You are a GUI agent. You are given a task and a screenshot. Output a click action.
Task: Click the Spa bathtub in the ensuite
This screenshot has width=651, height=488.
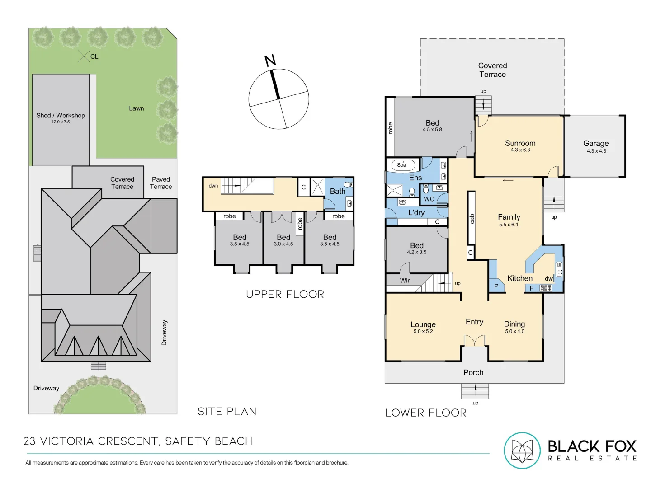(402, 165)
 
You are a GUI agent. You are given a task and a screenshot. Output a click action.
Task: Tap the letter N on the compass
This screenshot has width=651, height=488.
(270, 61)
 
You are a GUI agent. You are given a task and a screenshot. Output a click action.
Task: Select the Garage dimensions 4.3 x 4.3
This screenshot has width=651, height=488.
(596, 151)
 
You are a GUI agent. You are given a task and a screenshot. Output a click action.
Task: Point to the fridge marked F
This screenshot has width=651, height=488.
(532, 288)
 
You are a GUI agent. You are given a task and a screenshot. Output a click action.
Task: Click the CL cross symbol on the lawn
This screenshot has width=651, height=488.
(84, 56)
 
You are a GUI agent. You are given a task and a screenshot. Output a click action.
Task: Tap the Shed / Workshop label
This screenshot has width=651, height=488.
(61, 115)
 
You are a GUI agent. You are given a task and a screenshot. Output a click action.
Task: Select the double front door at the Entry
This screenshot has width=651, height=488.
(475, 340)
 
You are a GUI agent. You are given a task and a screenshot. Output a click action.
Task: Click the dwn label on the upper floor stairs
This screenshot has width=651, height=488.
(213, 186)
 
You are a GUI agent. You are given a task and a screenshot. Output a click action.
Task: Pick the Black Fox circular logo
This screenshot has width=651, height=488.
(522, 450)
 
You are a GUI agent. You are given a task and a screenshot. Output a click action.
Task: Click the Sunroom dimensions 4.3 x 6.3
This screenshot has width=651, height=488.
(520, 150)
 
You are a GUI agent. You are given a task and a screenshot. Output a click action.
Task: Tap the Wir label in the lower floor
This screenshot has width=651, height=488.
(405, 280)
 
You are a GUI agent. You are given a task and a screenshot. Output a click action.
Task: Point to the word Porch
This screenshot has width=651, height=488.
(473, 372)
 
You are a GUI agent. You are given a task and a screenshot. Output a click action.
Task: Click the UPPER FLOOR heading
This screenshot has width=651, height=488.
(285, 294)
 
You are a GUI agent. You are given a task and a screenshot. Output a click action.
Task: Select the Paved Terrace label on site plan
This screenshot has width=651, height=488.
(161, 183)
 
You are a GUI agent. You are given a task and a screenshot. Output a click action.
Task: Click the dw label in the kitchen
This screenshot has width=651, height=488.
(549, 278)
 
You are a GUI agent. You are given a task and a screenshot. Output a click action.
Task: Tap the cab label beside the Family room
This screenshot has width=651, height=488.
(472, 219)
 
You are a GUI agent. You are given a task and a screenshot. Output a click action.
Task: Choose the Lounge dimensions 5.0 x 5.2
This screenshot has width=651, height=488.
(423, 331)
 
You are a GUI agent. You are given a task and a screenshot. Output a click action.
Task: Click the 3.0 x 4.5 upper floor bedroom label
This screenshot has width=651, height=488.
(283, 244)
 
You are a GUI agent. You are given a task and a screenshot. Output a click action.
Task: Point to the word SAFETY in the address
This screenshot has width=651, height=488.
(186, 441)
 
